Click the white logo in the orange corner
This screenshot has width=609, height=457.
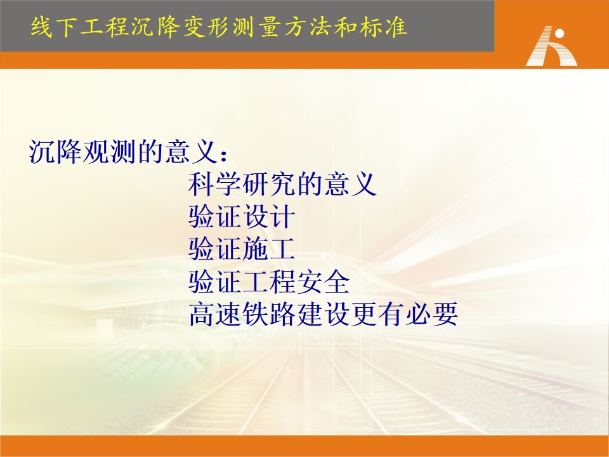pos(551,46)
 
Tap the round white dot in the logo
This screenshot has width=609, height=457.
pos(560,34)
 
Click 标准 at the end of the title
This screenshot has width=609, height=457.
pos(382,27)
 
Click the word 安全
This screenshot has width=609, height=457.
pos(323,282)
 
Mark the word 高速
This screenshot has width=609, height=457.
pos(215,314)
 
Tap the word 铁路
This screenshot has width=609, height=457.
pos(269,314)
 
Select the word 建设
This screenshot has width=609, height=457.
pos(323,314)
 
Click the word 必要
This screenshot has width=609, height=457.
pos(432,314)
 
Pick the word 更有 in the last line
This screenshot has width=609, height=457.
pos(377,314)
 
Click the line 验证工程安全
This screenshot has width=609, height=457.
pos(269,282)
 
